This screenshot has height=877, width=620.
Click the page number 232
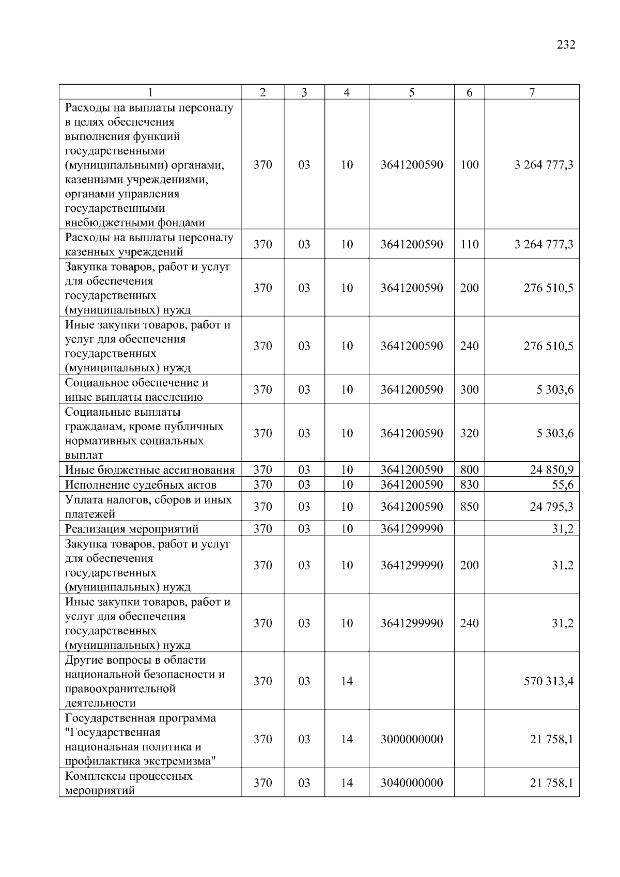tap(566, 45)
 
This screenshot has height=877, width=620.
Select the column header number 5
tap(411, 92)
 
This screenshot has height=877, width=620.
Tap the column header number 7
tap(532, 92)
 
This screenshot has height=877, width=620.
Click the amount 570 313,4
tap(548, 681)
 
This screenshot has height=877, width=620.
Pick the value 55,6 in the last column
tap(563, 484)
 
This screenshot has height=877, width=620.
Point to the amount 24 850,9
tap(551, 470)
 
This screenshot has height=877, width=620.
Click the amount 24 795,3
tap(551, 507)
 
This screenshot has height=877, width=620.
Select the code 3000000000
tap(412, 739)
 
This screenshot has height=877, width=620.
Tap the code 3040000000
tap(412, 783)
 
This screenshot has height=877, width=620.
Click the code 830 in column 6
tap(469, 484)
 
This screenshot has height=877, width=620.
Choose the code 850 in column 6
tap(469, 507)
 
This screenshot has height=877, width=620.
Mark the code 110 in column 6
tap(469, 244)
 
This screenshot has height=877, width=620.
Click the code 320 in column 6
tap(469, 433)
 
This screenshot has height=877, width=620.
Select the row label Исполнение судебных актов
tap(141, 485)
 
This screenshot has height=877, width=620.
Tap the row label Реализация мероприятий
tap(132, 529)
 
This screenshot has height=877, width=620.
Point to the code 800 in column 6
tap(469, 470)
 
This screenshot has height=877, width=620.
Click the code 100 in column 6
tap(469, 165)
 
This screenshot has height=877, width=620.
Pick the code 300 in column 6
tap(469, 389)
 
